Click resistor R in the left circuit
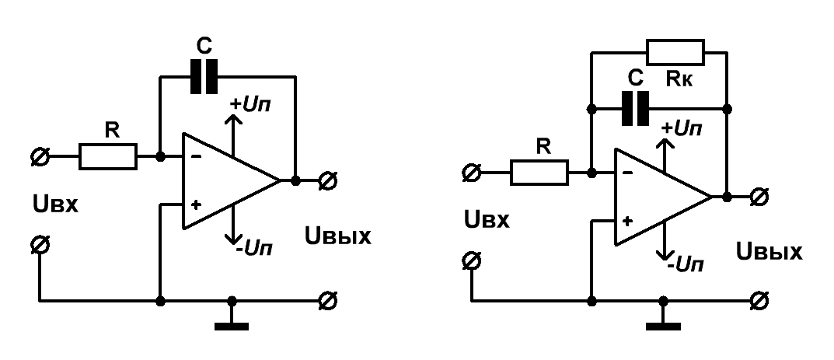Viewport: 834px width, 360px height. (x=108, y=156)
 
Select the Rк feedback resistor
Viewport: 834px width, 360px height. (x=675, y=52)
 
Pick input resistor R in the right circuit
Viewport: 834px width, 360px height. (x=539, y=173)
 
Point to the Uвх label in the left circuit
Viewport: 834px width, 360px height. (x=55, y=204)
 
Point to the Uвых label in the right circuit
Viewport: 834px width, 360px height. (x=769, y=251)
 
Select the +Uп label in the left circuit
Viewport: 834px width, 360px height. (x=250, y=104)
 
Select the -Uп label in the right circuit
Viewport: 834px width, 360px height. (x=686, y=264)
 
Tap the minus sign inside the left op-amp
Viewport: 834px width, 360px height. (x=196, y=157)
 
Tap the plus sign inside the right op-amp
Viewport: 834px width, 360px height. (x=627, y=222)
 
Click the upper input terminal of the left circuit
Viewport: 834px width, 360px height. (x=40, y=157)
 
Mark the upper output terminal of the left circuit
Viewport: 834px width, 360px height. (x=327, y=181)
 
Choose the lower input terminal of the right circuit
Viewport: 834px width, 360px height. (x=471, y=260)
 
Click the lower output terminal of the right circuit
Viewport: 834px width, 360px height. (x=759, y=301)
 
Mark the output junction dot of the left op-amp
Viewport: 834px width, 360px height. (x=295, y=181)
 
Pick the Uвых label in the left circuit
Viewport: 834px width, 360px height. (x=338, y=236)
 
